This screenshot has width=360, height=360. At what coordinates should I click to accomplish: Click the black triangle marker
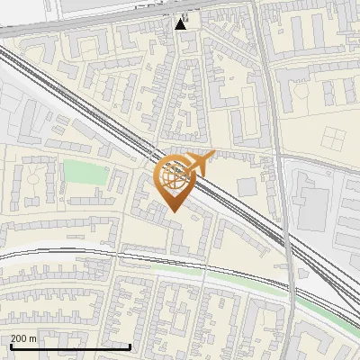[x=181, y=23]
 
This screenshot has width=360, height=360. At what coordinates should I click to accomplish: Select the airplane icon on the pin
[x=199, y=163]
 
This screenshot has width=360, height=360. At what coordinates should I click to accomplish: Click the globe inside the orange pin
[x=174, y=177]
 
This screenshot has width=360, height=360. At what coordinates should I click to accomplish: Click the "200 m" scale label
[x=24, y=338]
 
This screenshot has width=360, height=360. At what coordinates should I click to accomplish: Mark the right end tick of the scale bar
[x=130, y=345]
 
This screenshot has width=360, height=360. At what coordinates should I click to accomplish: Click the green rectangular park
[x=85, y=172]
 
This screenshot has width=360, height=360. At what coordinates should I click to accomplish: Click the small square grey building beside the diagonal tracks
[x=247, y=186]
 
